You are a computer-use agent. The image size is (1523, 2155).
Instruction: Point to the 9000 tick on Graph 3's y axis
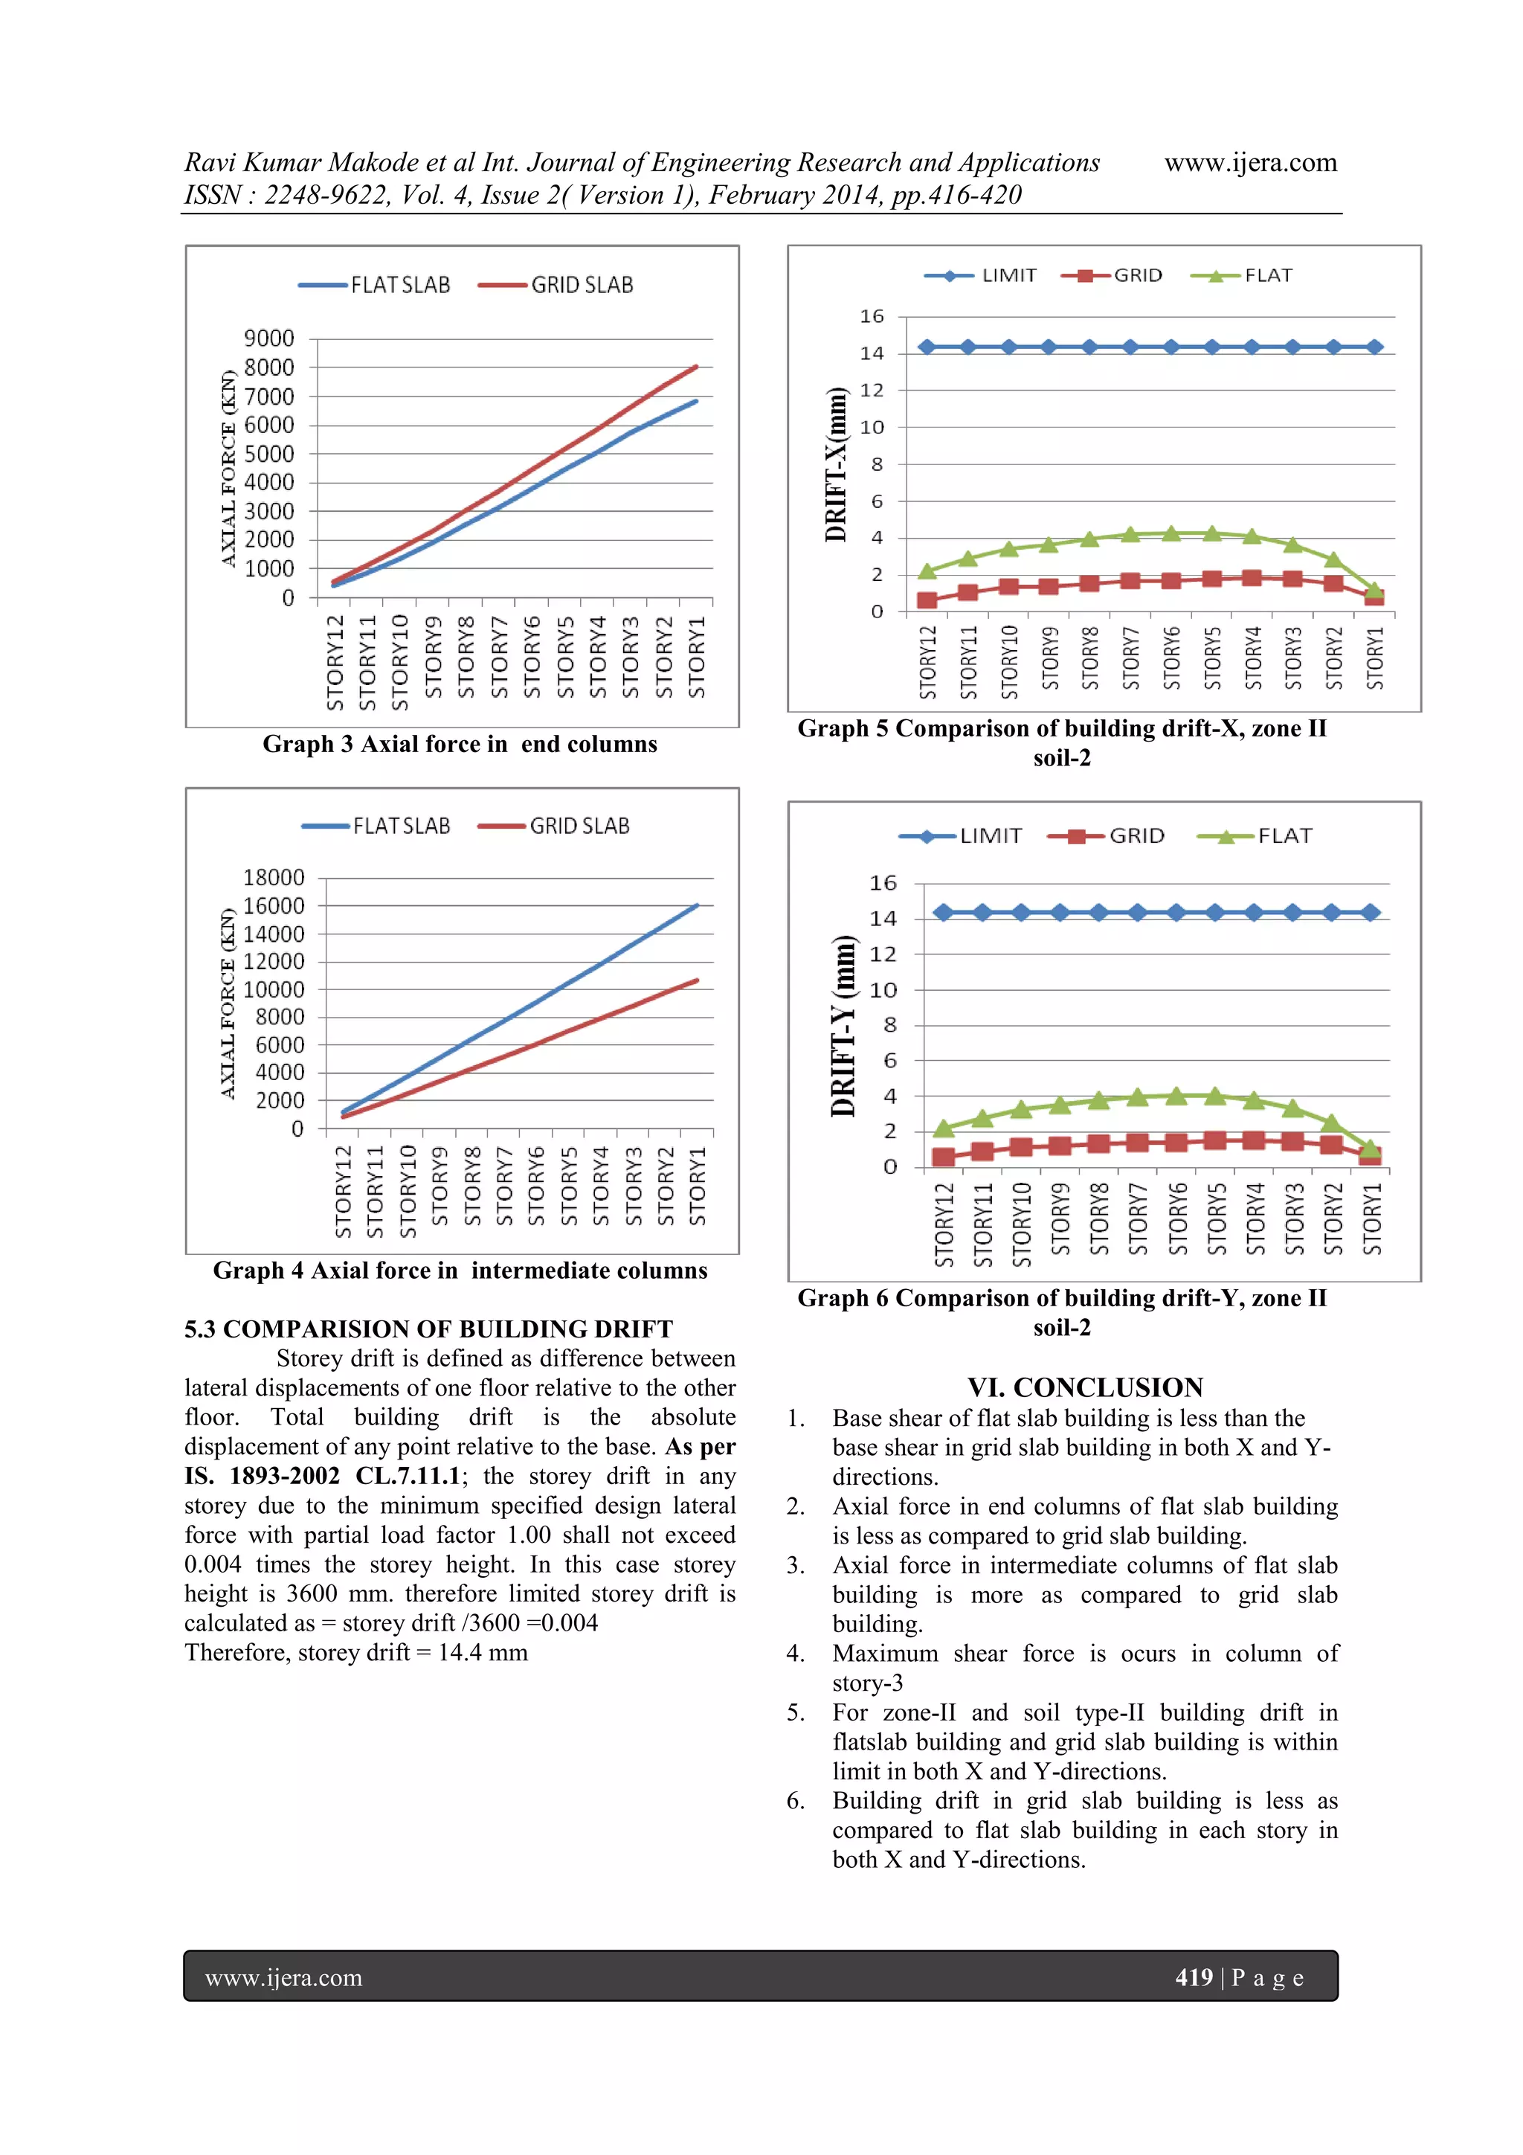tap(269, 338)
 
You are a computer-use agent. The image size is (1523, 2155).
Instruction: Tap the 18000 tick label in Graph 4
tap(273, 878)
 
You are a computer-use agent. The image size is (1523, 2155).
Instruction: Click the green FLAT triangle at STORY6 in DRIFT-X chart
tap(1171, 533)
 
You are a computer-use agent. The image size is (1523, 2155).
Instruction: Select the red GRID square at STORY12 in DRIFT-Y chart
tap(943, 1157)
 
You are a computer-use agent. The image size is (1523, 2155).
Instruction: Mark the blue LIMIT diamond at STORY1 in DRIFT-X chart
tap(1374, 347)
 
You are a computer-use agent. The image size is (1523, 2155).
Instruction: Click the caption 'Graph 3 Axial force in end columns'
tap(460, 745)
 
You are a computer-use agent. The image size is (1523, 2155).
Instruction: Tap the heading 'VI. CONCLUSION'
tap(1085, 1387)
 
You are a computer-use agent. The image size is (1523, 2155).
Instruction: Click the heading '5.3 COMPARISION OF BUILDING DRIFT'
tap(428, 1329)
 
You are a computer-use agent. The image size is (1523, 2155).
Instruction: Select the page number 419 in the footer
tap(1194, 1978)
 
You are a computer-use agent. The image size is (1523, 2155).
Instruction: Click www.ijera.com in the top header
tap(1250, 162)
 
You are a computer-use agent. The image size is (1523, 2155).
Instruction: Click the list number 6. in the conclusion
tap(795, 1800)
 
